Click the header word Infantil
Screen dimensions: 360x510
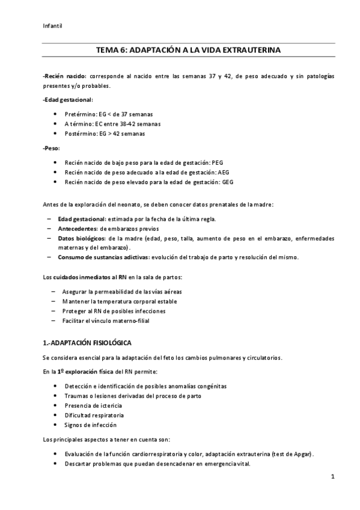(x=53, y=25)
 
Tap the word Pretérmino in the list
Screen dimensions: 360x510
(x=79, y=114)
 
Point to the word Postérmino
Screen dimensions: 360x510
(x=79, y=133)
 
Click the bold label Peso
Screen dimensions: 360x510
(x=52, y=148)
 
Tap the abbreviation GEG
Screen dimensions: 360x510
(x=228, y=182)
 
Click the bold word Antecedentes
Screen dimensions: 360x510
(x=78, y=229)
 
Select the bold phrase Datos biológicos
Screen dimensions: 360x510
(x=82, y=238)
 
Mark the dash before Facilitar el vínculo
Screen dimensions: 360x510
(x=53, y=321)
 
